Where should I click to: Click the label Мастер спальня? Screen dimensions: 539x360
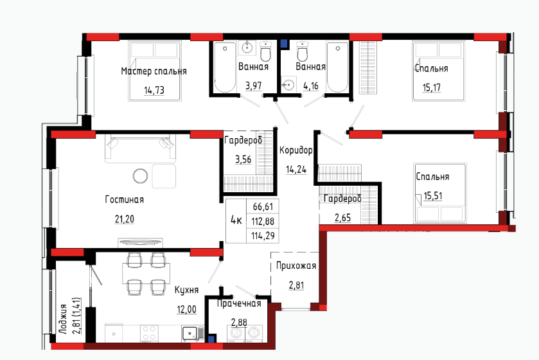pos(154,71)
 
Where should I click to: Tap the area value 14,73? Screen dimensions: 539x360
pos(154,91)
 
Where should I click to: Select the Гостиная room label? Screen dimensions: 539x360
pos(125,199)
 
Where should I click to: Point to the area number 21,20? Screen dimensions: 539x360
pos(125,219)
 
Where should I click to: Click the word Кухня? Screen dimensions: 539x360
pos(187,290)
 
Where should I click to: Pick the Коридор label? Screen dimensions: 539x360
pos(296,150)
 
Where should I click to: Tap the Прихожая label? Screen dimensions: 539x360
pos(296,265)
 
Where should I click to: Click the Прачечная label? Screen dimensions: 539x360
pos(239,303)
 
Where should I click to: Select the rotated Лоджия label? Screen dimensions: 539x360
pos(62,319)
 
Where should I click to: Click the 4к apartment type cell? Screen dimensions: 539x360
pos(236,221)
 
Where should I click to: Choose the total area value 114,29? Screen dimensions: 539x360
pos(263,236)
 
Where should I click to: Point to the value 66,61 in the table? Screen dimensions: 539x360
pos(263,206)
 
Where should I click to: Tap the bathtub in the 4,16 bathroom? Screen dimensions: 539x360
pos(337,67)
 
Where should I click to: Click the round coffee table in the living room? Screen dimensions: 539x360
pos(140,176)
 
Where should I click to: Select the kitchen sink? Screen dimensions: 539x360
pos(190,333)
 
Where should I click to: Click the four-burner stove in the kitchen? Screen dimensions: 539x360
pos(149,333)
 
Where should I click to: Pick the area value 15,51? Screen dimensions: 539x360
pos(433,196)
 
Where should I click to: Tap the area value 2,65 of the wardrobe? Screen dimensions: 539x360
pos(342,218)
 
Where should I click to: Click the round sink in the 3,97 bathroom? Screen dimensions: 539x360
pos(247,48)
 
